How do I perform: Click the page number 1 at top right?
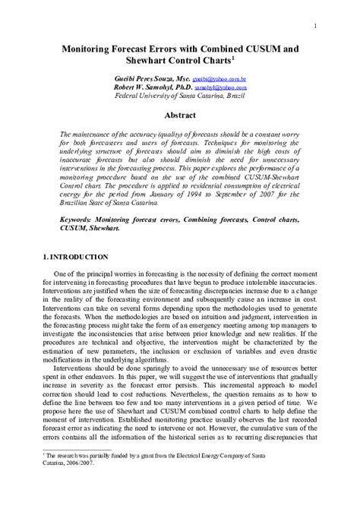pos(314,27)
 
